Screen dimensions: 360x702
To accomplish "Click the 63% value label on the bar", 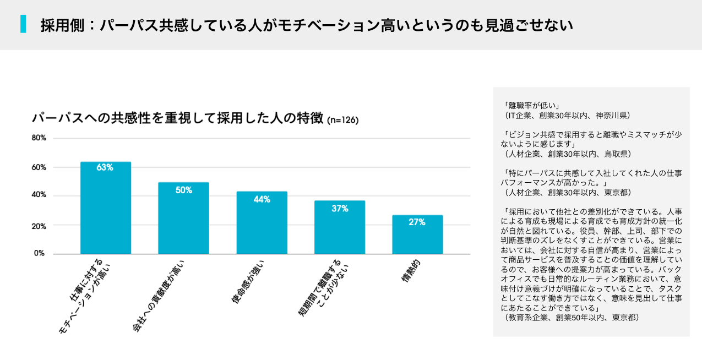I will [105, 167].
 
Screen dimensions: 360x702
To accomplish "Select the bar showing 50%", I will [183, 220].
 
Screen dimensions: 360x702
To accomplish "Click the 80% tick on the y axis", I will [38, 138].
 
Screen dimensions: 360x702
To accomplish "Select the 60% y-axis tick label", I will [38, 167].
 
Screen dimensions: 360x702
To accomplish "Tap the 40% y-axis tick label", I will [38, 195].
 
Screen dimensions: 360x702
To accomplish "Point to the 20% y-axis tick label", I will [38, 226].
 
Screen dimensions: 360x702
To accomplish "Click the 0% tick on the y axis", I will [40, 253].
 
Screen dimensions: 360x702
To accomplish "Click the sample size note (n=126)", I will [342, 121].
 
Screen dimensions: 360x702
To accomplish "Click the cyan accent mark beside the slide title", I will [23, 24].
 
